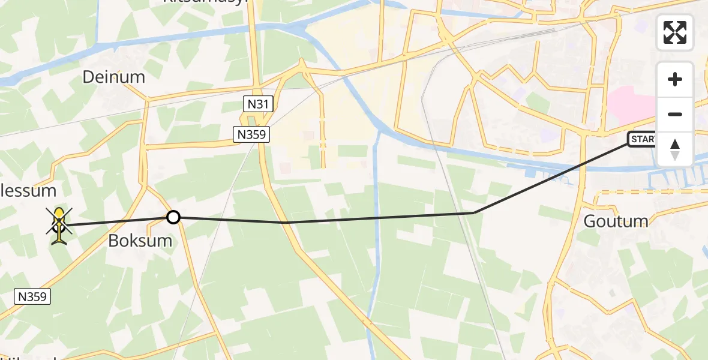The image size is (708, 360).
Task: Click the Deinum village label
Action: tap(114, 77)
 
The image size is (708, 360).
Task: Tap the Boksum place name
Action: tap(140, 241)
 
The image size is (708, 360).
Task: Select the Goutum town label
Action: tap(616, 221)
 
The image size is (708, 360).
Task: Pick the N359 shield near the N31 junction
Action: tap(251, 134)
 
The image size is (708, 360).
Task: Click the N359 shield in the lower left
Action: tap(32, 296)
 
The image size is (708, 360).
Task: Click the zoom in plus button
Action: tap(675, 79)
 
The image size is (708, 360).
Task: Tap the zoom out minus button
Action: tap(675, 114)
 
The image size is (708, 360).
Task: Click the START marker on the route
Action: tap(642, 140)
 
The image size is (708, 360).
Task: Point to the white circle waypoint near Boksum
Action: tap(173, 217)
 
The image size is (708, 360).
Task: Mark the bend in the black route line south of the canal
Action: tap(474, 212)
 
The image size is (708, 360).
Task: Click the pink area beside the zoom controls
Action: tap(630, 102)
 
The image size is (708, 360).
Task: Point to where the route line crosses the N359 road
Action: tap(283, 223)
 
